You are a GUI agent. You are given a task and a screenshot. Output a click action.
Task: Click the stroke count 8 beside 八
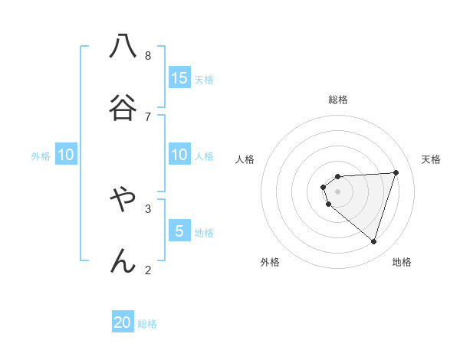(148, 55)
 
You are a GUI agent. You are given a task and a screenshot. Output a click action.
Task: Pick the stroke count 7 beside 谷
(148, 116)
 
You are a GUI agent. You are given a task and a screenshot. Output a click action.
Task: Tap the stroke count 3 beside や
(148, 208)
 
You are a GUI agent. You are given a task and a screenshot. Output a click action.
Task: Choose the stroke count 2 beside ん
(148, 270)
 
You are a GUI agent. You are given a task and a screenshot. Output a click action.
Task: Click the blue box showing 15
(179, 78)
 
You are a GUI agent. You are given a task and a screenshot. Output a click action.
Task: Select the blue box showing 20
(123, 323)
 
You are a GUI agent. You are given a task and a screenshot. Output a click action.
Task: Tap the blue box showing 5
(179, 231)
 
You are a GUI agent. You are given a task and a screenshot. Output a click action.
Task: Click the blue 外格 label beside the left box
(41, 156)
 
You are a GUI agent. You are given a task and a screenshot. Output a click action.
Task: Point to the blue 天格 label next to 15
(204, 80)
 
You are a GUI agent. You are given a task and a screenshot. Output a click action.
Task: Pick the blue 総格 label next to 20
(147, 325)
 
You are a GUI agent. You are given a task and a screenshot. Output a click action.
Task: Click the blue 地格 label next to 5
(204, 233)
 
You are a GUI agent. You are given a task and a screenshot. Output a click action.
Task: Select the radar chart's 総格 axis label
(338, 100)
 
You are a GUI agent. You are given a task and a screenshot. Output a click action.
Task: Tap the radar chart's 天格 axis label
(431, 159)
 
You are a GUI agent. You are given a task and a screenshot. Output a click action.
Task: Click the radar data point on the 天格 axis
(396, 172)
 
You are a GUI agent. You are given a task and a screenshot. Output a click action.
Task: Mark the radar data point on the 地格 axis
(373, 241)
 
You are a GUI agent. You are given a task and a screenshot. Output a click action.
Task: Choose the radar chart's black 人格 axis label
(245, 159)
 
